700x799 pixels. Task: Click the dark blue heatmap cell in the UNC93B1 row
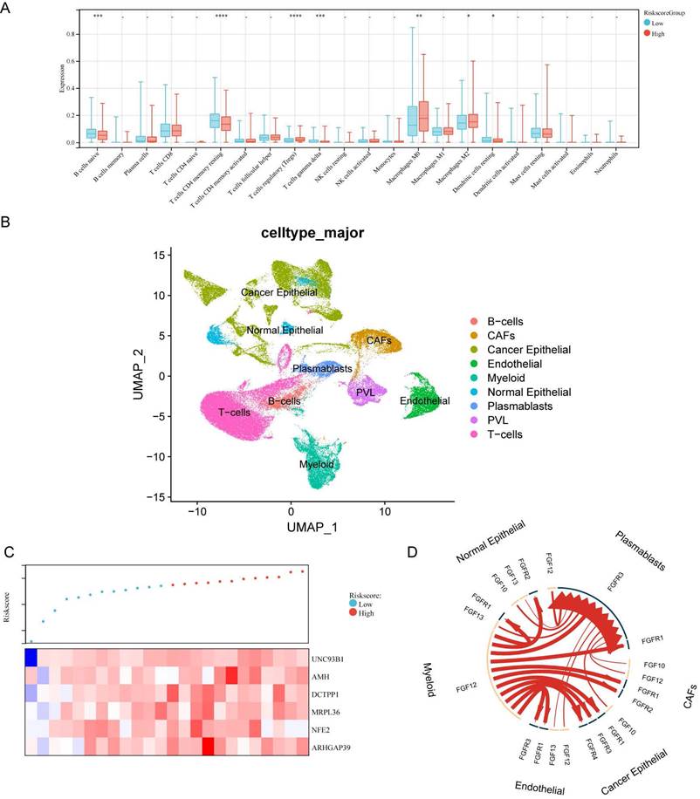pyautogui.click(x=31, y=656)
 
